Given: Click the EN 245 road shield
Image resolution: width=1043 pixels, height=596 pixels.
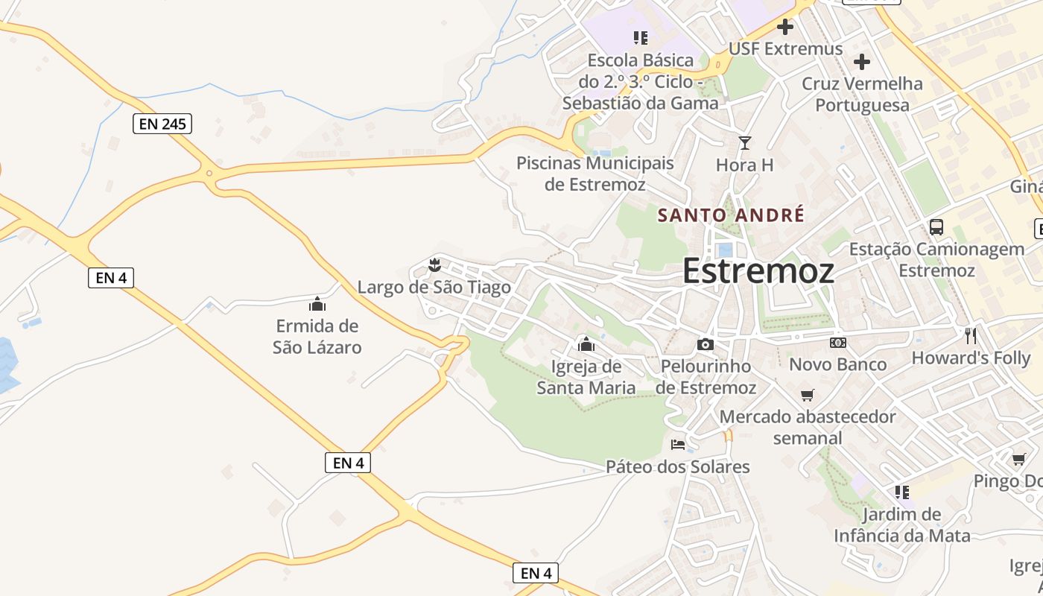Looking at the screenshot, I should pos(162,124).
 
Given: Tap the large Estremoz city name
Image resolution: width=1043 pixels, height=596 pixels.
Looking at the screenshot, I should pos(758,270).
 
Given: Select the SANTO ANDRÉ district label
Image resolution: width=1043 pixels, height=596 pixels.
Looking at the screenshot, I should pos(731,215).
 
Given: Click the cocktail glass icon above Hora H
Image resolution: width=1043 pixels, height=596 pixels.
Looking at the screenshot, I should pos(744,142).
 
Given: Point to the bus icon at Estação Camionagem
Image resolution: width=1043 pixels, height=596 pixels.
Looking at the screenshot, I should pos(936,227).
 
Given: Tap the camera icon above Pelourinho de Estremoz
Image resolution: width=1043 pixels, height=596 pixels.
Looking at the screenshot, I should pos(705,344).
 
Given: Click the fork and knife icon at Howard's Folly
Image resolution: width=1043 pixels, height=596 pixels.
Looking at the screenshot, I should pos(970,336).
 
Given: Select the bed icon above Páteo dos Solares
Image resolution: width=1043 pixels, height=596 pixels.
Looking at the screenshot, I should pos(677,445).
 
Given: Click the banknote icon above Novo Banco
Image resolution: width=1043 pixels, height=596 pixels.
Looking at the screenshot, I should pos(837,343).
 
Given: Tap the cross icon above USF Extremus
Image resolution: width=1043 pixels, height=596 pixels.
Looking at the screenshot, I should pos(784,28).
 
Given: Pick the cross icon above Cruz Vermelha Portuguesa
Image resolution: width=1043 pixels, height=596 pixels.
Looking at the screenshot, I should pos(862,62).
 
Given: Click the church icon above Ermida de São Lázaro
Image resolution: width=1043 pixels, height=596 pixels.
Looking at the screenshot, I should pos(317,304).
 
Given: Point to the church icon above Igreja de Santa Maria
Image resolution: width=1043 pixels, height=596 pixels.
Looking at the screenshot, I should pos(586,344).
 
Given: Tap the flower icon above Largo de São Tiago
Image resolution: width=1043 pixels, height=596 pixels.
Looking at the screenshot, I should pos(434,264).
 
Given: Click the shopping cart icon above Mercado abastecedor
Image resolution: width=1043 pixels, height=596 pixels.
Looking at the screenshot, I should pos(807,395).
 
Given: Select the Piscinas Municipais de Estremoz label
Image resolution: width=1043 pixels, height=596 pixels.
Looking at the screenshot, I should pos(595,174).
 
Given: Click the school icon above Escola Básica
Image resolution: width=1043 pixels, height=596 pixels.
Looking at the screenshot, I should pos(640,37).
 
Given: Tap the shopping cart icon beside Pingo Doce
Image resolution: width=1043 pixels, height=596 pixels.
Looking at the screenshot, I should pos(1018,459).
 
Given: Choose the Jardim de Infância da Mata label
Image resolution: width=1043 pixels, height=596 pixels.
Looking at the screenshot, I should pos(902,525).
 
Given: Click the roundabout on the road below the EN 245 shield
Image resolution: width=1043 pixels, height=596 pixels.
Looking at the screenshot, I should pos(209,174).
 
